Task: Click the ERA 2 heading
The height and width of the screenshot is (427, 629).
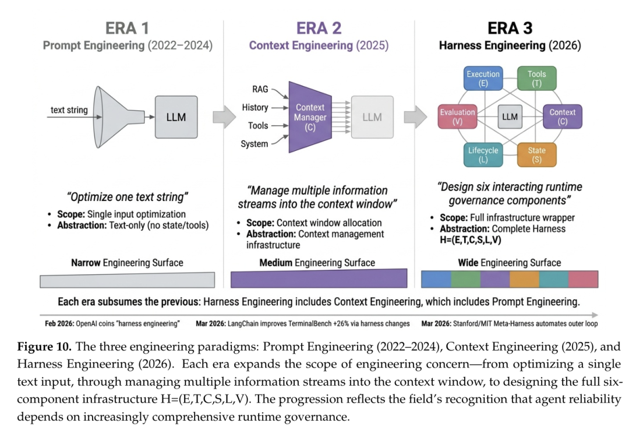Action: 319,28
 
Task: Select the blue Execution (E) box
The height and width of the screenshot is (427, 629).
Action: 483,78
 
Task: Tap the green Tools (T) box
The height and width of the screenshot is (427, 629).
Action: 537,78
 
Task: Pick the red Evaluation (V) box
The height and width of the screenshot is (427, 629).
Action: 457,117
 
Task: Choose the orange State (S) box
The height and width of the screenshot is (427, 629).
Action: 537,155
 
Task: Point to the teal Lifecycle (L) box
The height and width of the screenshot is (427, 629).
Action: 483,155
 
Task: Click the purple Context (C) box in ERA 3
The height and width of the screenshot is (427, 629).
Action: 563,117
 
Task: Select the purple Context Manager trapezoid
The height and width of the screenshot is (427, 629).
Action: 310,117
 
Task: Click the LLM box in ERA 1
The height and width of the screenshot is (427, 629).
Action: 176,117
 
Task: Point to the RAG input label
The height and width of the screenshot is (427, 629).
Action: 260,89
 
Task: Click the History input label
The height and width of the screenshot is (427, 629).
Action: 255,108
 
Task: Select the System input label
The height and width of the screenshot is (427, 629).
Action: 255,144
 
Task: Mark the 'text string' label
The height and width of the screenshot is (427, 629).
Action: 69,110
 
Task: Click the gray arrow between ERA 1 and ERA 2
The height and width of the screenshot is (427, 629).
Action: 224,117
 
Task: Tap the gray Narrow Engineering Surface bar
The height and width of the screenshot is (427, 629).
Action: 127,280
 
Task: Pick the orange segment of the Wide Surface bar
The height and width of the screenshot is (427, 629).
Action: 524,279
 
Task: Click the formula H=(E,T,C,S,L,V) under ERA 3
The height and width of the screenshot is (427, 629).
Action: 471,240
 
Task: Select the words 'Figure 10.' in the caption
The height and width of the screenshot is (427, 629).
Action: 44,347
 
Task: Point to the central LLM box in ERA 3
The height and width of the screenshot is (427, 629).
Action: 510,117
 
